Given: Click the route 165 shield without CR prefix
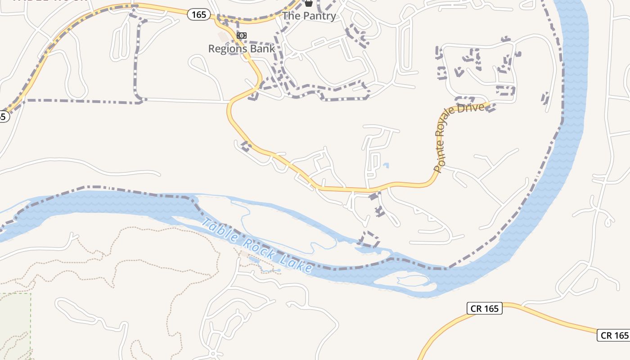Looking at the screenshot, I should [x=198, y=14].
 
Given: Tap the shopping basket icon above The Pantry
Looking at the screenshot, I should [x=309, y=3].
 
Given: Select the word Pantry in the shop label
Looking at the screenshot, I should [x=319, y=16].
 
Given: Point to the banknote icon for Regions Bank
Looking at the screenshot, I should [x=242, y=36].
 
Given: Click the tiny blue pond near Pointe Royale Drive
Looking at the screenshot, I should [x=386, y=166].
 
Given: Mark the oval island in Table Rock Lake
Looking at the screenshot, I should [x=405, y=281].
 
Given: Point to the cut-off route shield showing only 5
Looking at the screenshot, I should [x=3, y=116].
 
